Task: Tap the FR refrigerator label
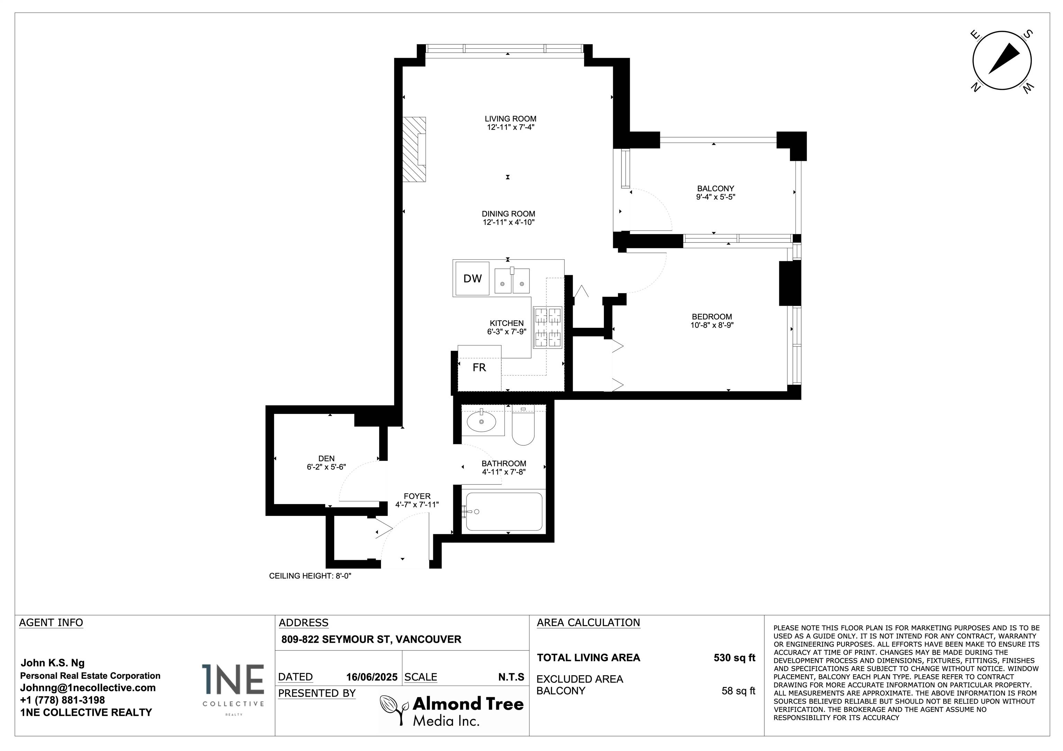479,368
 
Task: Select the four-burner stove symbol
548,327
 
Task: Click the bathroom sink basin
481,421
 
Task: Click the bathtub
504,511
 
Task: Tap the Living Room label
510,119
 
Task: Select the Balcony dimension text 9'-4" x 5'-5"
716,197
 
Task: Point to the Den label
326,458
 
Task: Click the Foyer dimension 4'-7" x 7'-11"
417,505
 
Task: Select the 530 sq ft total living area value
734,658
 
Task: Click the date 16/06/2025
371,677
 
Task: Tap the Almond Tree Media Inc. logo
452,710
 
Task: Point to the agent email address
88,688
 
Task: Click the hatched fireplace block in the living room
414,149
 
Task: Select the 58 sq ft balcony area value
738,691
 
